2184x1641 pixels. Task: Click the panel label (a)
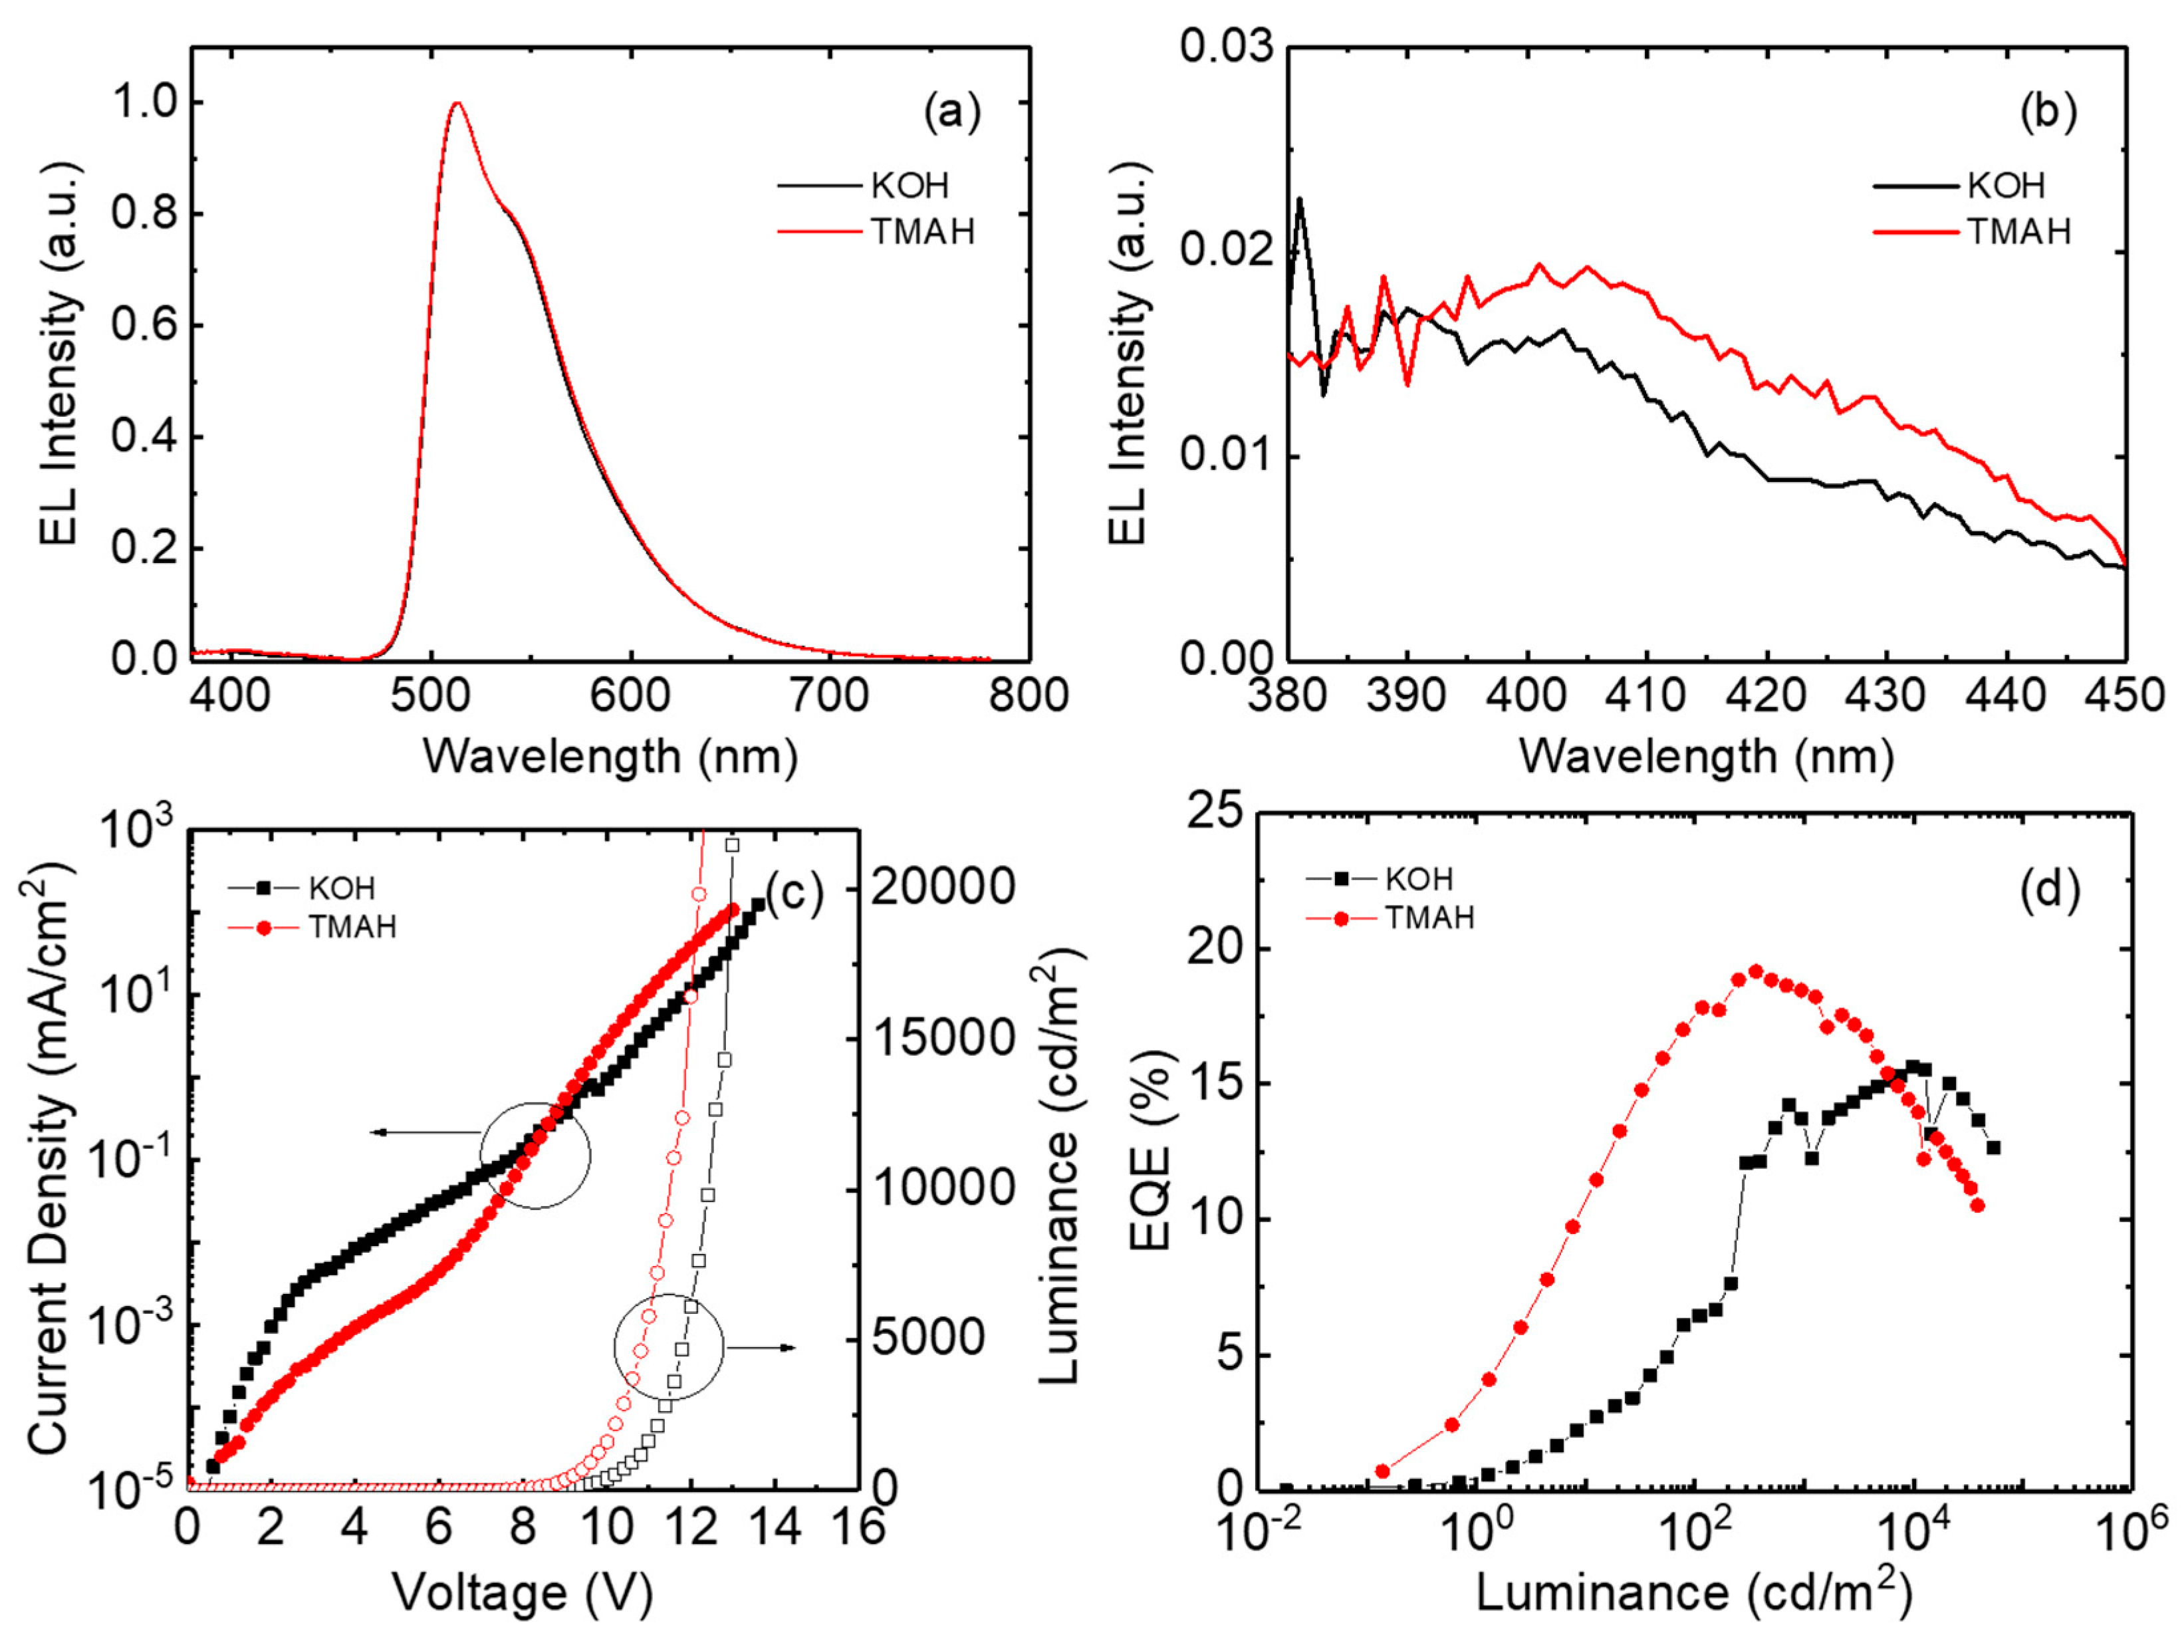click(953, 112)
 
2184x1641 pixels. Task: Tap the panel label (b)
click(2048, 112)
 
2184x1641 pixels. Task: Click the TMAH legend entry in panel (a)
click(922, 231)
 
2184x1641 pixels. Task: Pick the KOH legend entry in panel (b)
click(2005, 185)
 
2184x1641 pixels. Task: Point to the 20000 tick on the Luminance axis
click(943, 886)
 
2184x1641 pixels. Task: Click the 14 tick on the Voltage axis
click(775, 1527)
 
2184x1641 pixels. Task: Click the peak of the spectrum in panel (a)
click(456, 102)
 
